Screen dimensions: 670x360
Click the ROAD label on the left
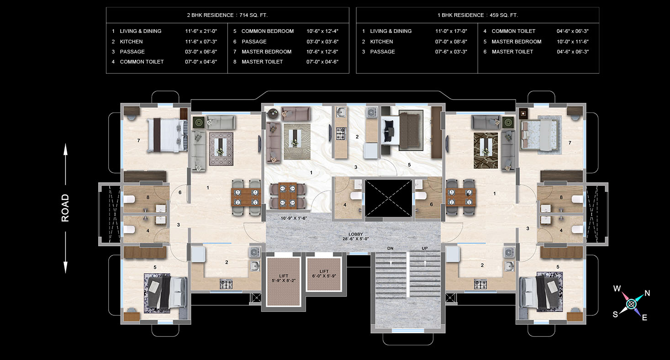click(65, 208)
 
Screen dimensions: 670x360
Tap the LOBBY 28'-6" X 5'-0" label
click(356, 236)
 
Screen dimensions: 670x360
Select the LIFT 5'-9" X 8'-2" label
click(284, 278)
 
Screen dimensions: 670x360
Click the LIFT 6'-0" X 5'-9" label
click(324, 274)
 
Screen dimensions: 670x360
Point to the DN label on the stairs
click(390, 249)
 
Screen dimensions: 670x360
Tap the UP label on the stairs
click(425, 249)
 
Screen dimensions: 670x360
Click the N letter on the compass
click(647, 293)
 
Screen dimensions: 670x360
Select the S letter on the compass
click(615, 314)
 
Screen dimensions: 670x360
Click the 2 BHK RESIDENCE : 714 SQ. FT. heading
click(227, 15)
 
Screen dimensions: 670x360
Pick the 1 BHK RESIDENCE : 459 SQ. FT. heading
click(478, 15)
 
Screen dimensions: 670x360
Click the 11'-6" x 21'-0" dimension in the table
click(201, 31)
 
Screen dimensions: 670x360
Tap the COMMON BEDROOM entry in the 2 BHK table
click(267, 31)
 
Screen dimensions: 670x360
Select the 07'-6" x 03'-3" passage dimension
click(451, 52)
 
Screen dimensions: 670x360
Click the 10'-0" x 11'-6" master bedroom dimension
click(572, 42)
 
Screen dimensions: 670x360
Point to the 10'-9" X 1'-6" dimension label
click(294, 218)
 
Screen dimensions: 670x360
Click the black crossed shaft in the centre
click(388, 198)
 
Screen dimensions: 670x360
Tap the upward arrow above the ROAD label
click(65, 164)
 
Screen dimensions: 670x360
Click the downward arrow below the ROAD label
click(65, 253)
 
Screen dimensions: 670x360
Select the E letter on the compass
click(644, 318)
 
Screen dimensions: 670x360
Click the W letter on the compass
click(617, 288)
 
